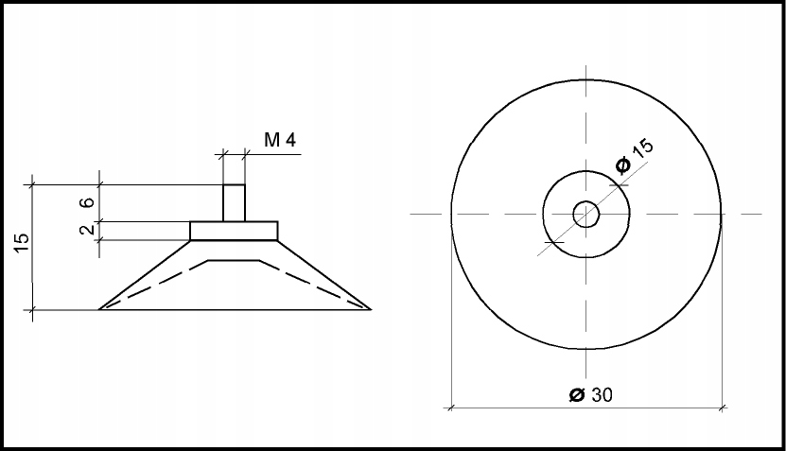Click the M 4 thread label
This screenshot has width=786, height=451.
point(280,141)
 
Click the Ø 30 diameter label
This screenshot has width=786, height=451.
point(590,395)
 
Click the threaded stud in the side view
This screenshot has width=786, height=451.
point(234,202)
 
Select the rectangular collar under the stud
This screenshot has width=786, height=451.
point(234,231)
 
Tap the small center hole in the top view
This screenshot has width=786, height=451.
point(586,214)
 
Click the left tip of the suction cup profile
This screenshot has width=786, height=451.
point(100,308)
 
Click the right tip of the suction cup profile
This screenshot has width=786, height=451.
point(370,308)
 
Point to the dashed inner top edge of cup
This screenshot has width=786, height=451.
point(234,258)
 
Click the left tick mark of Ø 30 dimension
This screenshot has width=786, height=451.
point(451,408)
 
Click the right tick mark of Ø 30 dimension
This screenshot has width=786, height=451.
point(723,408)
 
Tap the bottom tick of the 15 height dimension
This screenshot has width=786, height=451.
point(34,309)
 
